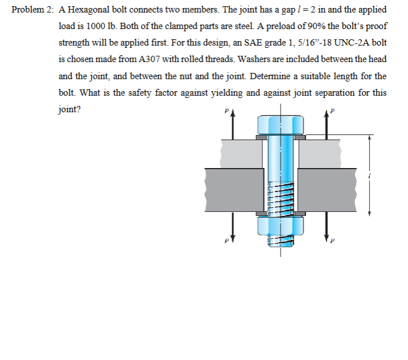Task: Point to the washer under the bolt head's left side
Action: coord(261,137)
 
